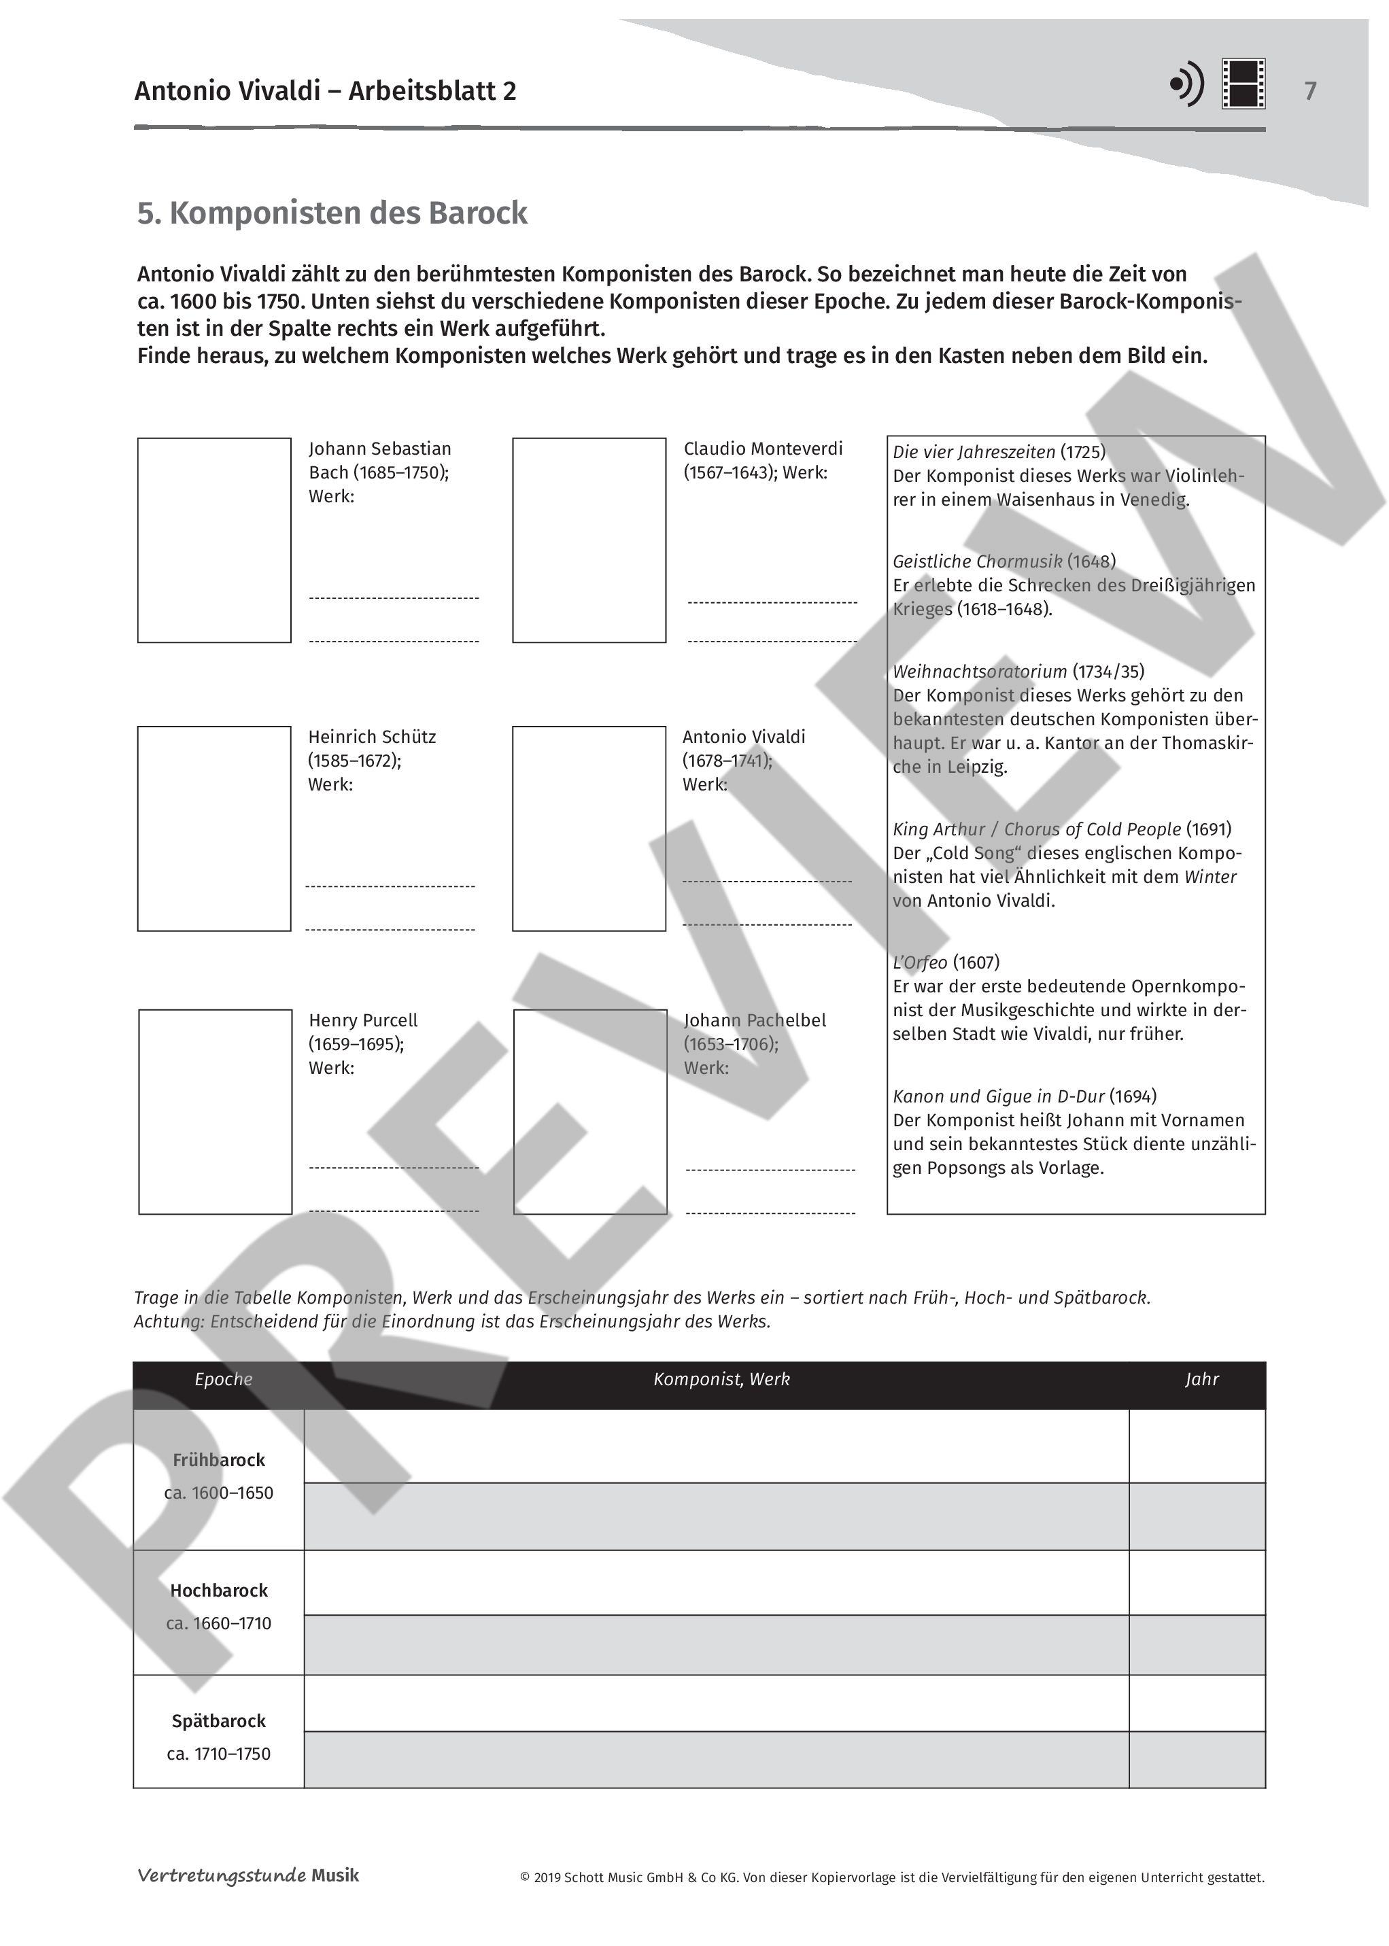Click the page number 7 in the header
(x=1309, y=90)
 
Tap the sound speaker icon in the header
(x=1186, y=84)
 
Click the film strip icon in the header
(x=1243, y=84)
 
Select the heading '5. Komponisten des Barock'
(x=332, y=213)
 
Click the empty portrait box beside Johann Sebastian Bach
(x=214, y=540)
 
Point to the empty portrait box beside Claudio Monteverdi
(x=589, y=540)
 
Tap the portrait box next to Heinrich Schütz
(x=214, y=828)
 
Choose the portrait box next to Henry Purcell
(x=215, y=1111)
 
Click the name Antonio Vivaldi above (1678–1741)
(x=743, y=736)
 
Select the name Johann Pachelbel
(x=755, y=1020)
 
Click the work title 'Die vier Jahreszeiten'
(x=974, y=452)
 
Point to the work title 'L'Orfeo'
(x=919, y=962)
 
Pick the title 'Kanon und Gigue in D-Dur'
(x=998, y=1096)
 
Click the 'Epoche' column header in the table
(x=223, y=1378)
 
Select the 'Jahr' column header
(x=1201, y=1378)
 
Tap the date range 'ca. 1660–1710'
(x=219, y=1623)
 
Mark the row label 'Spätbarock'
(x=219, y=1720)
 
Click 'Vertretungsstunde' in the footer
(x=222, y=1875)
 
